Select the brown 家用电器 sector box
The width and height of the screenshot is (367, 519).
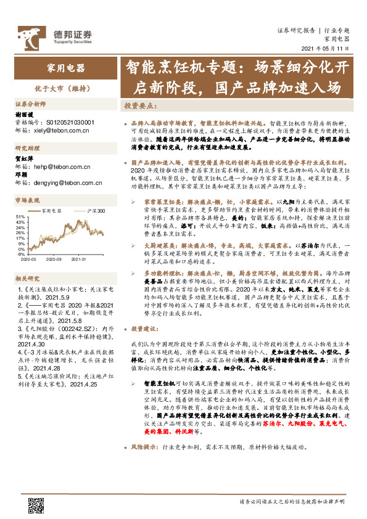pyautogui.click(x=65, y=68)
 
